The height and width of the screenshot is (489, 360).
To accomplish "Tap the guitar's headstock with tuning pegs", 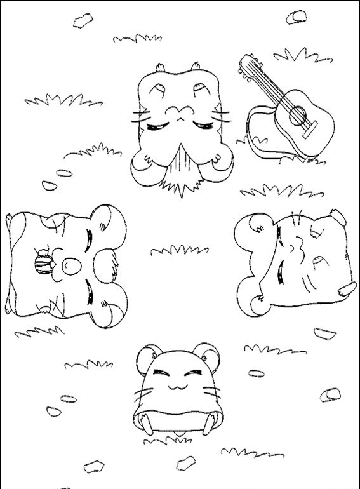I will [248, 65].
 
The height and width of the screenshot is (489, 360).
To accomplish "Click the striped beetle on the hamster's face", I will [42, 262].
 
